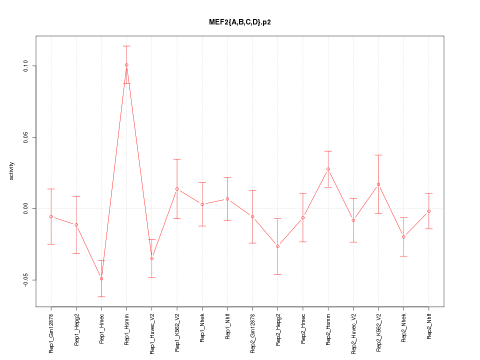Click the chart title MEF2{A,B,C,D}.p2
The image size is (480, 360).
point(240,22)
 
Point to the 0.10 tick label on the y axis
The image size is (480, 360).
point(26,66)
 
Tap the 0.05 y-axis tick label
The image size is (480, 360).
point(26,137)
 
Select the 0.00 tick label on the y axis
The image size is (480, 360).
point(26,208)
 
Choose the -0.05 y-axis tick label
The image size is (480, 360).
point(26,280)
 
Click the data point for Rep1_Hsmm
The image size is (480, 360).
point(126,65)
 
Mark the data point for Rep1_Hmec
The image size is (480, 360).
point(101,278)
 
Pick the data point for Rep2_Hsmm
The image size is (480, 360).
point(328,169)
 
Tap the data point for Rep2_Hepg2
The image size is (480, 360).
point(277,246)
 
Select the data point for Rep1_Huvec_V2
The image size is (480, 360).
point(152,258)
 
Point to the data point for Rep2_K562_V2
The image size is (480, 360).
point(378,184)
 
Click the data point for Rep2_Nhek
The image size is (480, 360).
point(403,237)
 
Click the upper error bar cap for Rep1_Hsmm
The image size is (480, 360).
point(126,46)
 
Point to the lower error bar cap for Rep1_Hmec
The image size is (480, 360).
point(101,296)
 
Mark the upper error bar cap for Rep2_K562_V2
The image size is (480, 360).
point(378,155)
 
